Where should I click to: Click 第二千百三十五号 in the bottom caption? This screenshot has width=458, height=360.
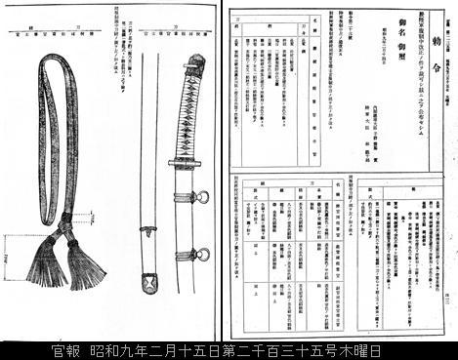(273, 349)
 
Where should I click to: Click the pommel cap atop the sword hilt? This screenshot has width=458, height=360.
(194, 62)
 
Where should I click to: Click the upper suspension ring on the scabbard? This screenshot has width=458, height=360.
(202, 198)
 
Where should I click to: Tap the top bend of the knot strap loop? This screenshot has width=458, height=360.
(54, 61)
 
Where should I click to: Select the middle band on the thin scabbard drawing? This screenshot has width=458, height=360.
(148, 231)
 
